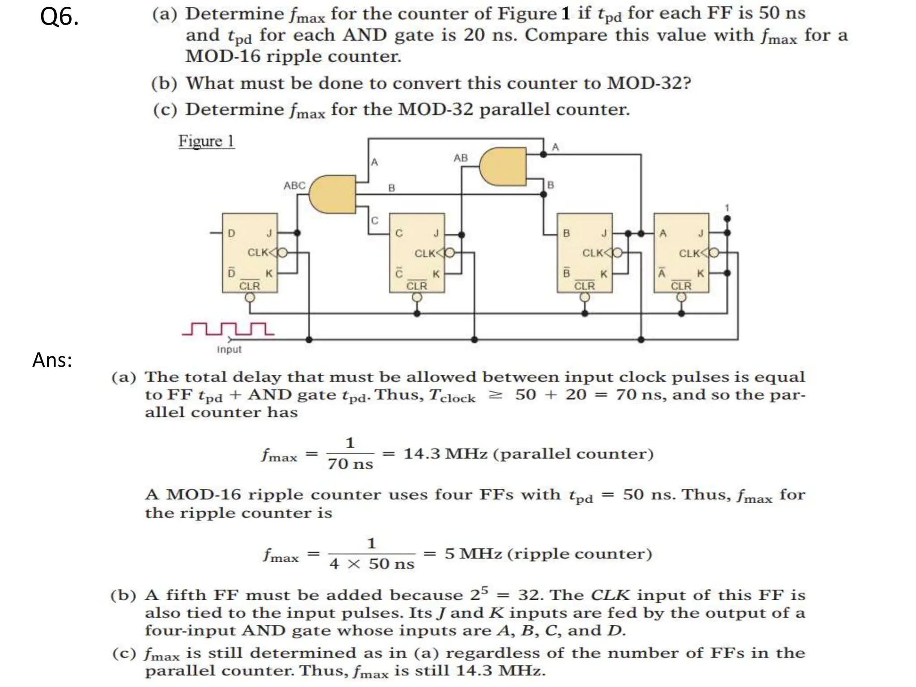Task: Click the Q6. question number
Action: [59, 18]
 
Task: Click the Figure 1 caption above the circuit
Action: [206, 141]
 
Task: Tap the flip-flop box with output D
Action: [250, 253]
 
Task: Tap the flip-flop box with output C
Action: [417, 253]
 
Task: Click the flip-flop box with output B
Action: [584, 253]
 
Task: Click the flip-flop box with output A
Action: [681, 253]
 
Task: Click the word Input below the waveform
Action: [229, 350]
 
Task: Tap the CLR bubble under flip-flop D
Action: [250, 298]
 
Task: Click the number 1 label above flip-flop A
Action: [727, 208]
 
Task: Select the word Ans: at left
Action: [52, 360]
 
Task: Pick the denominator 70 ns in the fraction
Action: [350, 464]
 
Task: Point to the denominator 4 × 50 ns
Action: [372, 564]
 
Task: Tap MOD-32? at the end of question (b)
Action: [649, 83]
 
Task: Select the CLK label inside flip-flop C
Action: [424, 254]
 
